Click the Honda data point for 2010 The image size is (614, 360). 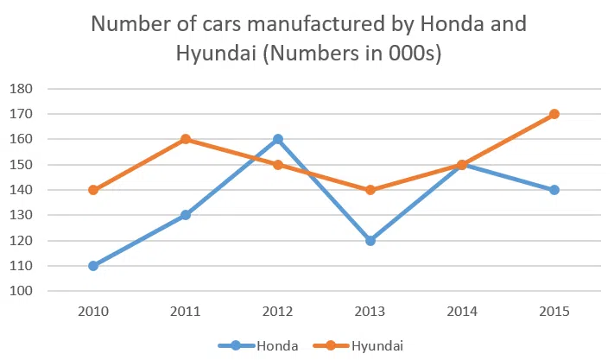click(x=92, y=266)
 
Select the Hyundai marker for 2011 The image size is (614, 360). click(x=185, y=139)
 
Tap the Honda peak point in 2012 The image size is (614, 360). click(x=277, y=139)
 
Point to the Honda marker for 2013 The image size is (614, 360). click(x=370, y=241)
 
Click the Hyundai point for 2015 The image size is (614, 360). click(x=554, y=114)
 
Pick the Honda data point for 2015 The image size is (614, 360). click(x=554, y=190)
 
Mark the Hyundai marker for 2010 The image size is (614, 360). click(x=92, y=190)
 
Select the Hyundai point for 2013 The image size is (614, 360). click(x=370, y=190)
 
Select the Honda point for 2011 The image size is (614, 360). click(x=185, y=215)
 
